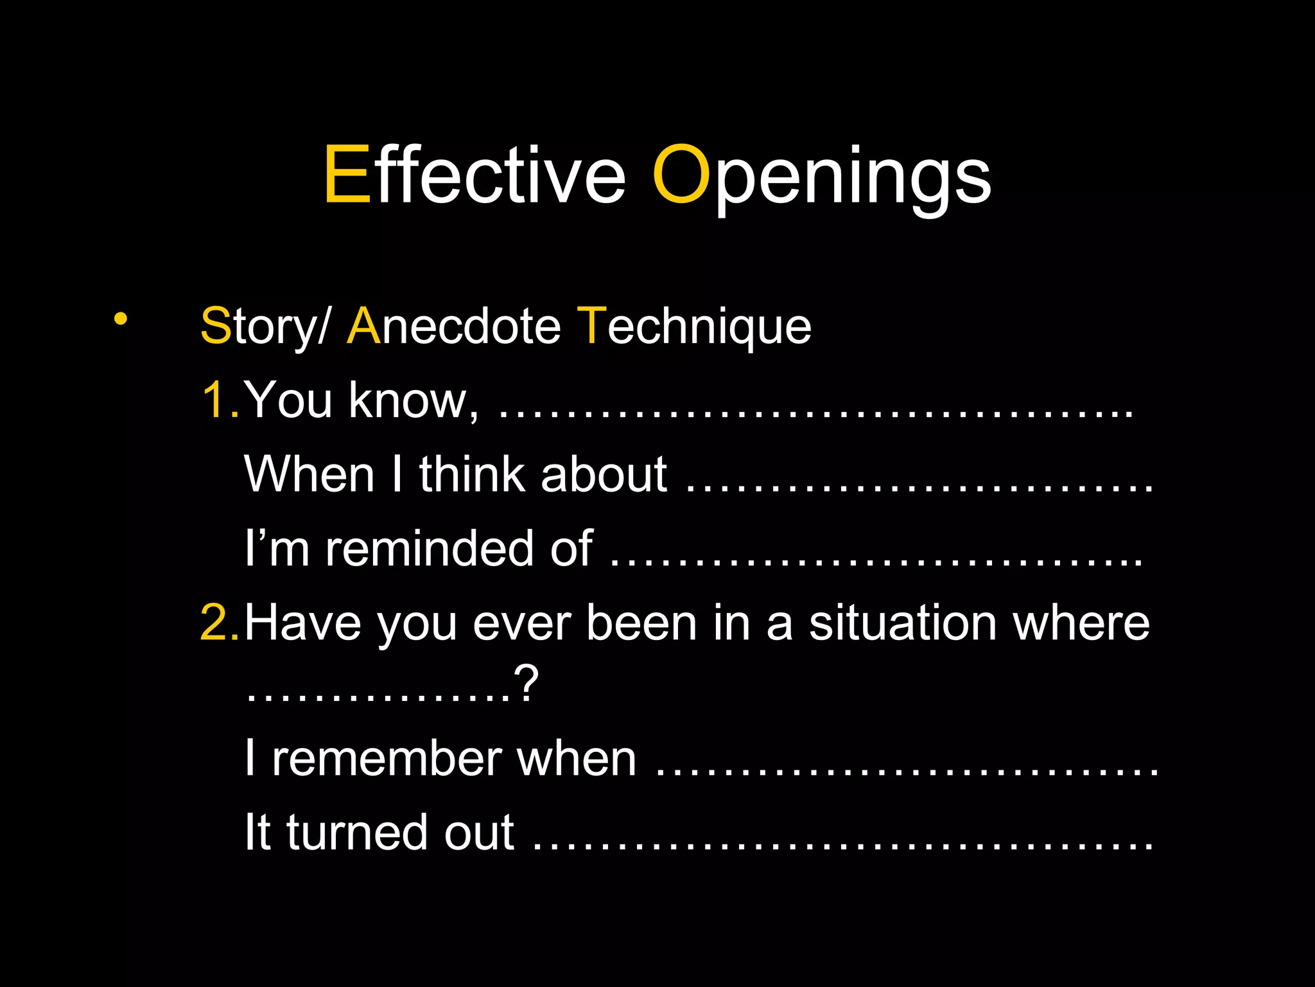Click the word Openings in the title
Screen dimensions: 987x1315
821,175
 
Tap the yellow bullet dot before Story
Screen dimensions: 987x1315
120,319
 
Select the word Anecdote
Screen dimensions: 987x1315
453,326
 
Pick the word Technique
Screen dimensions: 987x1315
694,326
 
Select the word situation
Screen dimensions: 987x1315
902,622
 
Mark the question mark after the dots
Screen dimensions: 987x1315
526,685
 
